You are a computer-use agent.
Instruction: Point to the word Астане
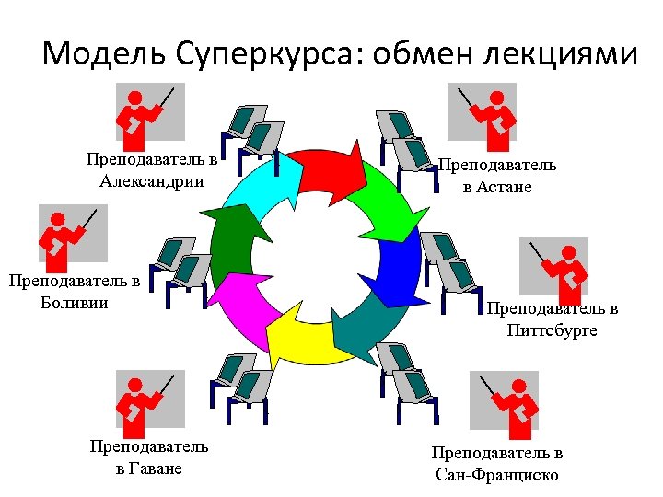click(510, 187)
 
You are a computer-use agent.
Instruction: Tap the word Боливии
click(68, 301)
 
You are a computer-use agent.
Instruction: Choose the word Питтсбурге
click(552, 329)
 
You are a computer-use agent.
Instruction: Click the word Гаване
click(148, 468)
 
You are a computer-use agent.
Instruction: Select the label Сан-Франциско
click(496, 475)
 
